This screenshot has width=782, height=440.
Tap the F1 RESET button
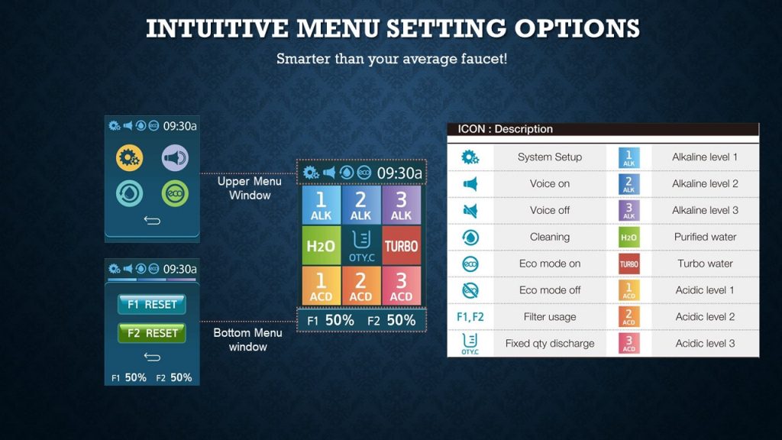point(152,304)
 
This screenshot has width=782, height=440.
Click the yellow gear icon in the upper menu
point(129,158)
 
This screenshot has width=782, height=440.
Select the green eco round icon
point(175,193)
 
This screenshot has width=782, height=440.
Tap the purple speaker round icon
point(175,158)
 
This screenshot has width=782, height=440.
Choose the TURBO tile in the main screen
point(401,245)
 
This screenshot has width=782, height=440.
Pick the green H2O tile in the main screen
point(322,245)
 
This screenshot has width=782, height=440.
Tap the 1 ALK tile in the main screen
point(322,205)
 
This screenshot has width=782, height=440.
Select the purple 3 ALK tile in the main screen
point(401,205)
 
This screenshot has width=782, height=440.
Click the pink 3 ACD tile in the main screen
point(401,286)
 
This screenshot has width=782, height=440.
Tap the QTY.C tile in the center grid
point(361,245)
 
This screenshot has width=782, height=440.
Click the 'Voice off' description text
point(550,210)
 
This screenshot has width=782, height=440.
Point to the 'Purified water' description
point(705,237)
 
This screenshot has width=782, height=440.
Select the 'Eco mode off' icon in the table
point(470,290)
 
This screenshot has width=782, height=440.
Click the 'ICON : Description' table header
point(505,128)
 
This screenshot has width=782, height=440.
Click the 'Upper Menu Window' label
point(250,188)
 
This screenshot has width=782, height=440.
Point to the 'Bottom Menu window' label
point(248,340)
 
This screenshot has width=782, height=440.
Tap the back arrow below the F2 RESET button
point(152,357)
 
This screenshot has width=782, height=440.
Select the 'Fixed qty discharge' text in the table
point(550,343)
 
